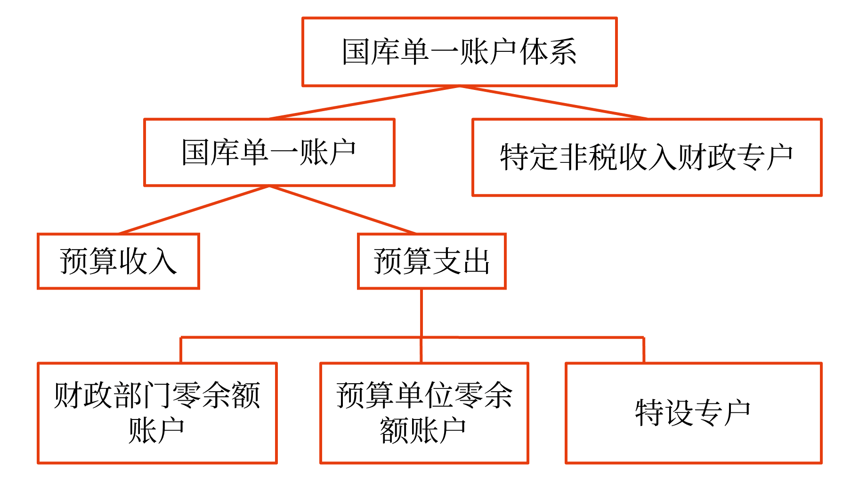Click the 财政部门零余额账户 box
pos(157,412)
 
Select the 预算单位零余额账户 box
pos(424,412)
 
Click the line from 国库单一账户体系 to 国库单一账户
pos(364,103)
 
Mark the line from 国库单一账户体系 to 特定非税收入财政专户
pos(553,103)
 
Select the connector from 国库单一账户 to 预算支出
pos(342,210)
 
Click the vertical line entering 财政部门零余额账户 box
pos(181,350)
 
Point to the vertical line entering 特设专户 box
pos(643,350)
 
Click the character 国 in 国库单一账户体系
pos(356,52)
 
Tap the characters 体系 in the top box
pos(548,52)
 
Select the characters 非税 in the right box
pos(588,157)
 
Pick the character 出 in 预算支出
pos(476,261)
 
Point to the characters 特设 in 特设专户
pos(664,413)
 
